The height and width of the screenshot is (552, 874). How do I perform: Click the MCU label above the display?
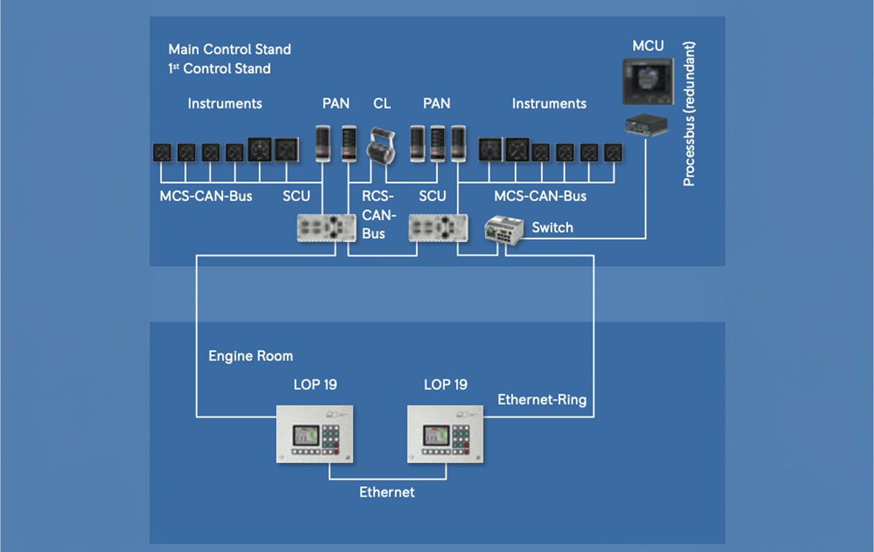(647, 46)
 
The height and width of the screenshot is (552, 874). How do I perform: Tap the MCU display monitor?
(648, 82)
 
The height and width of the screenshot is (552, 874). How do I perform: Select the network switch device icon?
(504, 230)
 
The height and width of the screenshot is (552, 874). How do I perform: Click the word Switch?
(553, 227)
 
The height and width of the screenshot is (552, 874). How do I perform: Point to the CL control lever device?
(381, 146)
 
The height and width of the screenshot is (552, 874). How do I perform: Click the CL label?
(382, 103)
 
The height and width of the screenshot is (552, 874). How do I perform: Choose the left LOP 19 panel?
(315, 434)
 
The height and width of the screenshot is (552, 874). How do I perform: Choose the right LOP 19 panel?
(445, 434)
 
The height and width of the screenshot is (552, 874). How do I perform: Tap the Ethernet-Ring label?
(542, 400)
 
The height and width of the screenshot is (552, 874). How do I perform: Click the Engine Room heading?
(251, 356)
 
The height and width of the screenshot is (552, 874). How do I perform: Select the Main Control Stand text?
(229, 49)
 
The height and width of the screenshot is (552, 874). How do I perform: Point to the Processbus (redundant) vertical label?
(689, 114)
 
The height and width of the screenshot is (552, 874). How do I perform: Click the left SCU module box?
(326, 228)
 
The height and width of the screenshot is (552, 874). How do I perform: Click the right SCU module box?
(438, 228)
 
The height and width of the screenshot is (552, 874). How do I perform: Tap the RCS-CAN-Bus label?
(379, 215)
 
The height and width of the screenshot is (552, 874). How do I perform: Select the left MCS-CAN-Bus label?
(205, 196)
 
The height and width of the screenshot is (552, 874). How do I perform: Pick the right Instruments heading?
(549, 103)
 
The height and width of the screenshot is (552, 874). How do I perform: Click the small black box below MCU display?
(647, 125)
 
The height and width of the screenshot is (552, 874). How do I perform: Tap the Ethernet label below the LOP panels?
(387, 492)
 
